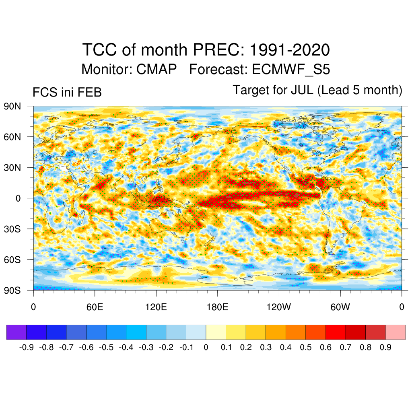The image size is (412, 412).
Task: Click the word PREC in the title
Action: coord(218,50)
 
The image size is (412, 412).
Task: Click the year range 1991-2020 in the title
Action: coord(290,50)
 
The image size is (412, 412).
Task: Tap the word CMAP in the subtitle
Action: coord(157,69)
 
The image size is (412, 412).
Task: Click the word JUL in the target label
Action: coord(301,90)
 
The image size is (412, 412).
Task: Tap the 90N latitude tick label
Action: coord(12,106)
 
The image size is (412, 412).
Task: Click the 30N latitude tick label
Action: coord(12,167)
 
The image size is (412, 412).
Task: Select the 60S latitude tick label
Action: coord(12,260)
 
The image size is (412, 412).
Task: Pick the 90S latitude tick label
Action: coord(12,290)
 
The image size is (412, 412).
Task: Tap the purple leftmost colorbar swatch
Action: coord(16,332)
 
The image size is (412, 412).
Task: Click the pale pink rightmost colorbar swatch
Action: coord(396,332)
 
